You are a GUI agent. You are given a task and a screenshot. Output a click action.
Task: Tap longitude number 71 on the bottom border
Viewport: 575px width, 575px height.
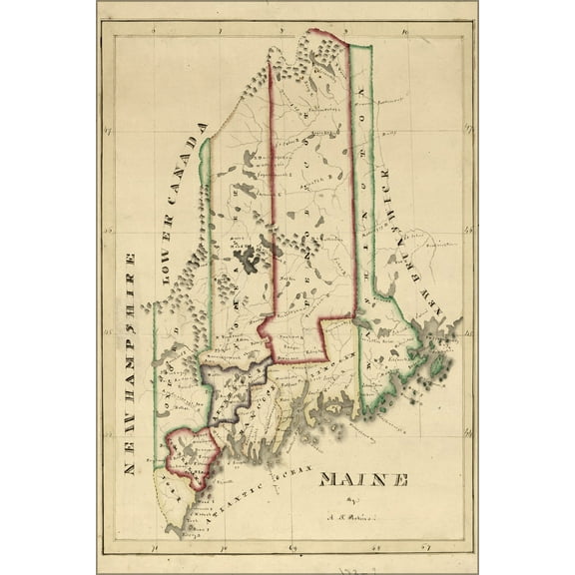(153, 547)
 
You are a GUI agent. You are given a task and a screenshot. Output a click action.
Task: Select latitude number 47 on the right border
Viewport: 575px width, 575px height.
(465, 131)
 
